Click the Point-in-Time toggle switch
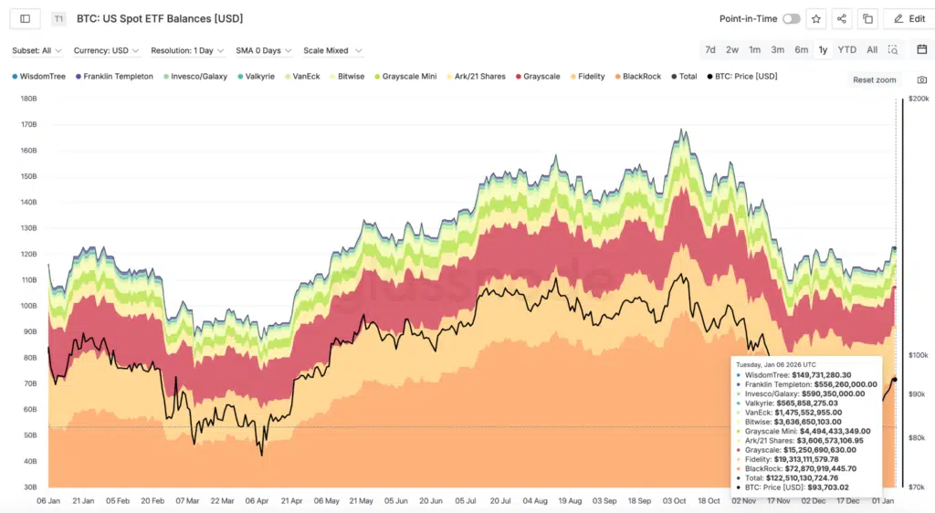coord(791,18)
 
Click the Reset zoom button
coord(875,80)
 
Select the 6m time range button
coord(801,50)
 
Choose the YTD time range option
coord(846,50)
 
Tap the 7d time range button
coord(709,50)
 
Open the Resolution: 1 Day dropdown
coord(188,51)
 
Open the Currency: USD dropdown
coord(107,51)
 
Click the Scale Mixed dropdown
coord(332,51)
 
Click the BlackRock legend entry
coord(641,77)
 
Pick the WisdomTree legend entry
coord(42,77)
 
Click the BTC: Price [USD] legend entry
coord(745,77)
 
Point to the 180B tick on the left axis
coord(27,99)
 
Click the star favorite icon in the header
coord(815,18)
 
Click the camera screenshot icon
coord(921,80)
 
